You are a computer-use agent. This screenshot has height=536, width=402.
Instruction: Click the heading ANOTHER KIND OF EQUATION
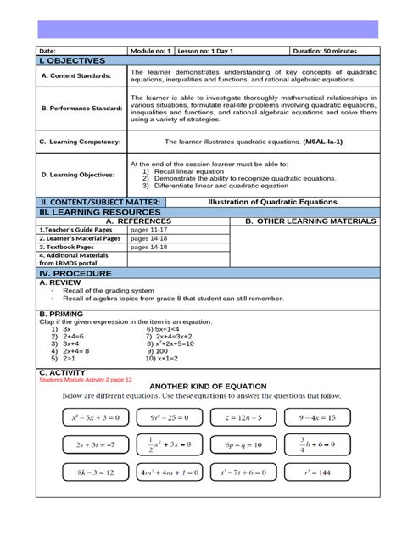[x=208, y=386]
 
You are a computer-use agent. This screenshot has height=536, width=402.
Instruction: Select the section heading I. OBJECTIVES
[x=73, y=61]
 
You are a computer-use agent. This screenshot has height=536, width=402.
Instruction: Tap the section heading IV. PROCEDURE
[x=75, y=274]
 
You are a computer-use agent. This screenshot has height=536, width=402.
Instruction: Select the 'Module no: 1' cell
[x=151, y=51]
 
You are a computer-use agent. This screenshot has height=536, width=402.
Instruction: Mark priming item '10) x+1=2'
[x=165, y=359]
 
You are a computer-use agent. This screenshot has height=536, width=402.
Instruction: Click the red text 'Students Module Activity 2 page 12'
[x=87, y=379]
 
